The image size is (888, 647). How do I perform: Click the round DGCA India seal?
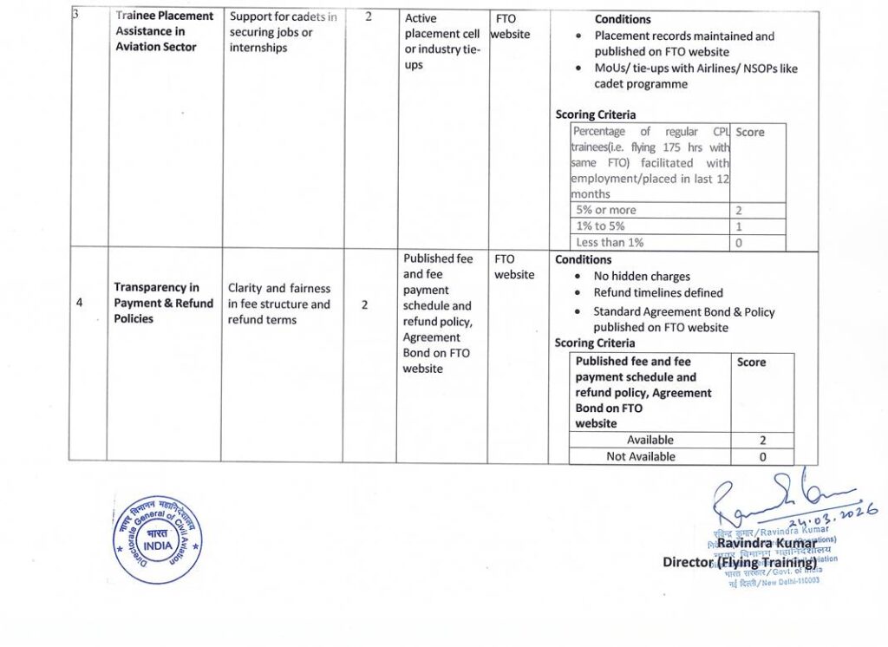tap(157, 539)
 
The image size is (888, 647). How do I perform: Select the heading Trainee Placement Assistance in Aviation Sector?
tap(164, 31)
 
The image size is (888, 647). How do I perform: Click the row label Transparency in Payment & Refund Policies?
tap(163, 304)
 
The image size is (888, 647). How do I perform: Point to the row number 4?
tap(80, 304)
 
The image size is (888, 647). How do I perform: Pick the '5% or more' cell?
tap(606, 210)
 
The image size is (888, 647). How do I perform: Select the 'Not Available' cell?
tap(640, 456)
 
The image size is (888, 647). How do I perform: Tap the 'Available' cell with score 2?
tap(650, 440)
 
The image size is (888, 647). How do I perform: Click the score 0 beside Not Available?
tap(762, 456)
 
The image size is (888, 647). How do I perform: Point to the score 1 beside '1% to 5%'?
tap(738, 226)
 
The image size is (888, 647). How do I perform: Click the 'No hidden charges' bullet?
tap(642, 277)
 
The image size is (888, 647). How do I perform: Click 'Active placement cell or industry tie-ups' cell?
tap(442, 42)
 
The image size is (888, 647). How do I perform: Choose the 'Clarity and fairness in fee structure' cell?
tap(278, 304)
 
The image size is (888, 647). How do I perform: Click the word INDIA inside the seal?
tap(157, 546)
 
